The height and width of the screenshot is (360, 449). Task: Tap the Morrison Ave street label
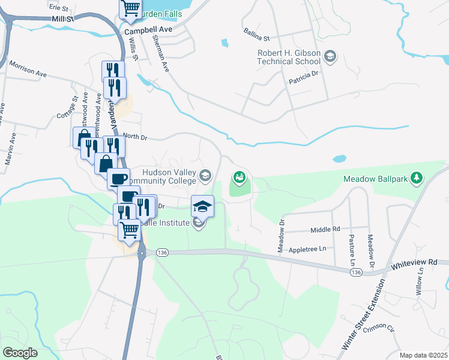27,69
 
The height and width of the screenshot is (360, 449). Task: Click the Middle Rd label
325,230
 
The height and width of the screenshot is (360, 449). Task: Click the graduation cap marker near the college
203,206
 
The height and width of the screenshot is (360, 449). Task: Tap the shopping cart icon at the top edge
131,8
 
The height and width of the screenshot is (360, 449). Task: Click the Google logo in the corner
20,352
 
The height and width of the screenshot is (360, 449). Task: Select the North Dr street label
134,137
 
